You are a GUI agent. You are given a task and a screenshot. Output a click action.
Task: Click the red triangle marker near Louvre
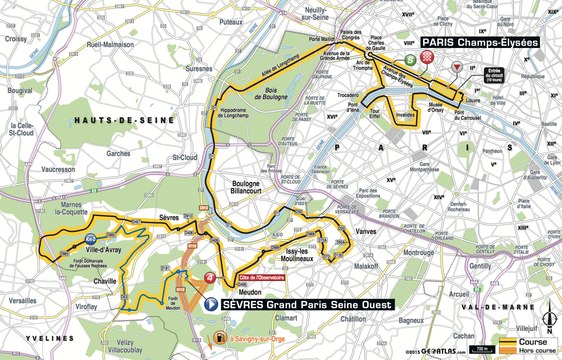pos(458,67)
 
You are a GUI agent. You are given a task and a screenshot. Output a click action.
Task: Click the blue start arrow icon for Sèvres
pos(210,302)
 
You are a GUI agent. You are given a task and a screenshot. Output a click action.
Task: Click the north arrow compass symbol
pos(548,320)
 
